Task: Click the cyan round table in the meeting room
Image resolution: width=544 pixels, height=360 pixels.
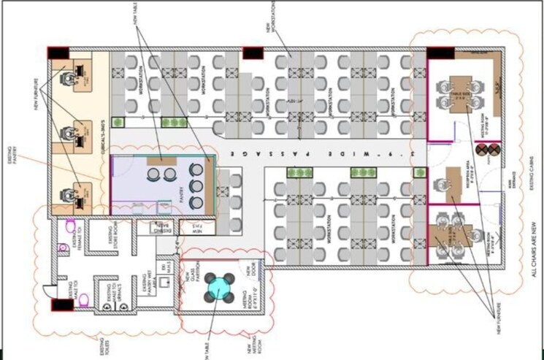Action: (x=217, y=286)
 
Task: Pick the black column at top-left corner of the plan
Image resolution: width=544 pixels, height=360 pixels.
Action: (x=59, y=54)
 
